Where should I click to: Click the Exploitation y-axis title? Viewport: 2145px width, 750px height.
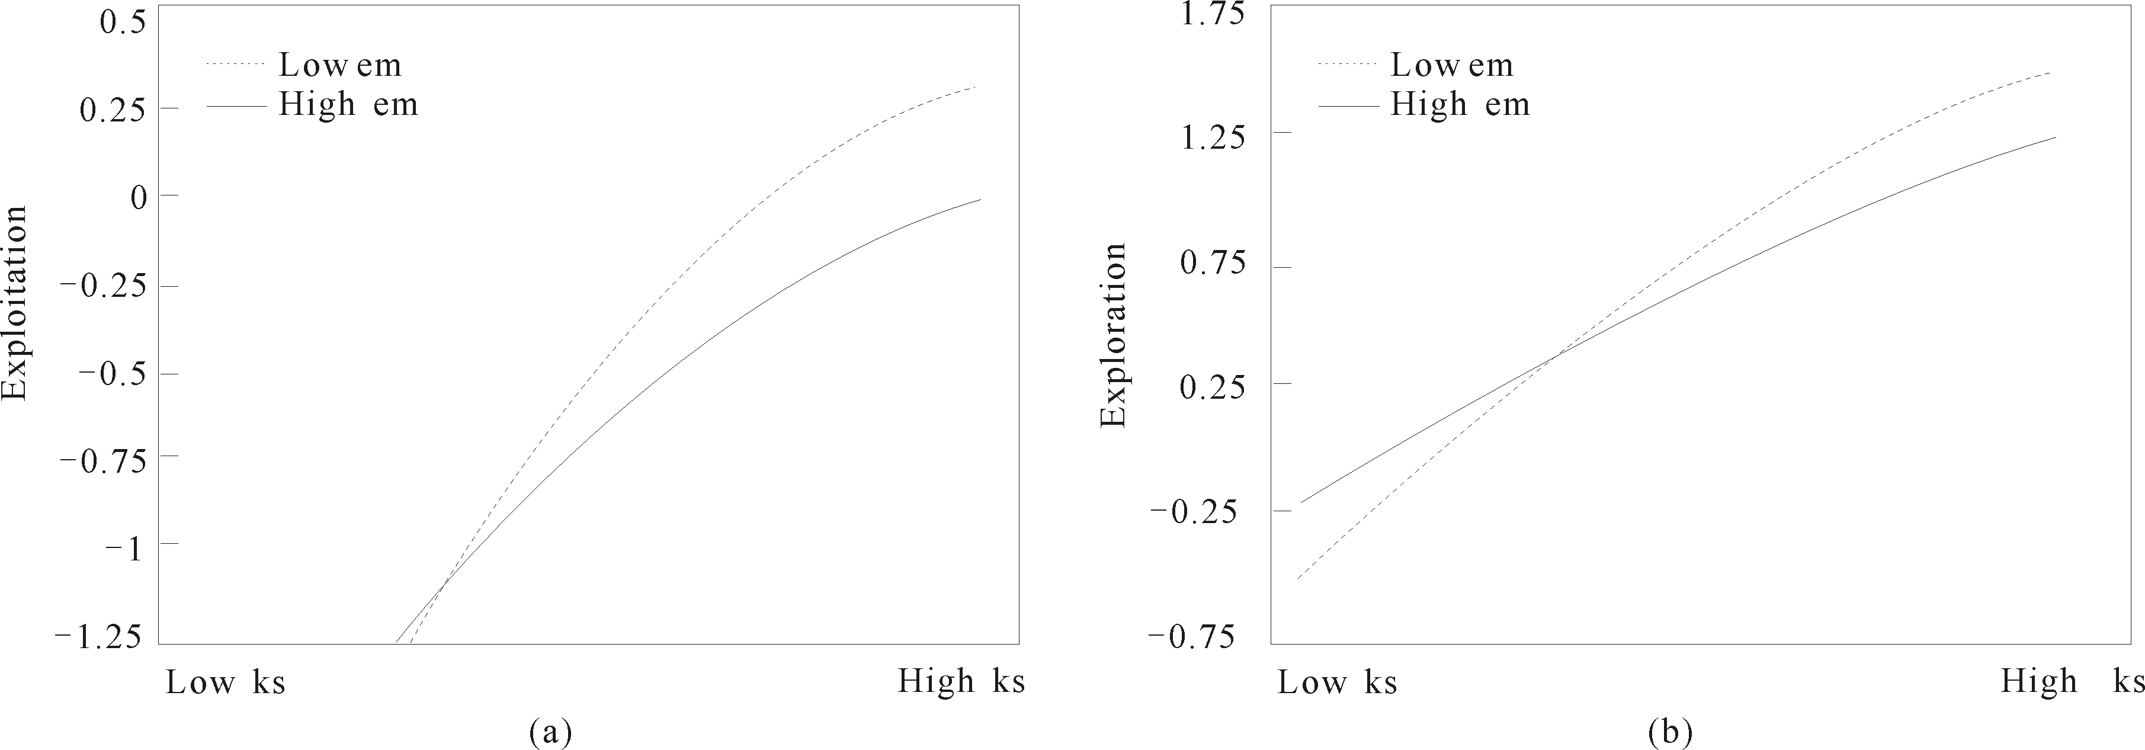pos(15,304)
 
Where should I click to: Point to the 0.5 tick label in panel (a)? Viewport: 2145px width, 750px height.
pos(123,23)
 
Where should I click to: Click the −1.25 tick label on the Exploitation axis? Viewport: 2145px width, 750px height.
pos(99,637)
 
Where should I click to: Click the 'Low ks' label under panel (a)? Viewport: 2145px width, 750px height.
pos(226,682)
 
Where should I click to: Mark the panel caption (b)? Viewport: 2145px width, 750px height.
pos(1669,732)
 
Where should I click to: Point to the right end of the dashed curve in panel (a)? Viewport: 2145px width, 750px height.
pos(974,86)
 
